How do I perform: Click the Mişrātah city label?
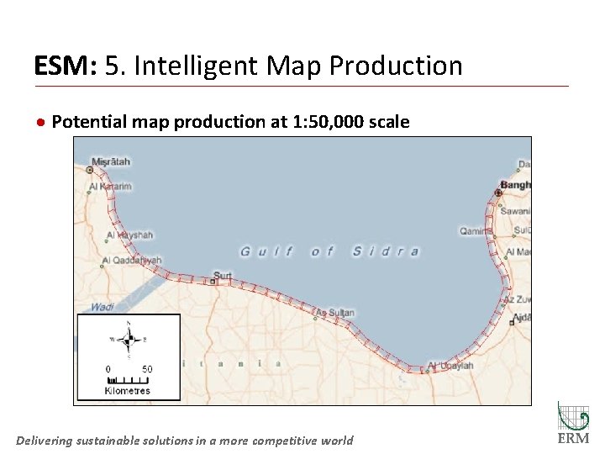[111, 161]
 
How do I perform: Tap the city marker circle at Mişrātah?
[90, 170]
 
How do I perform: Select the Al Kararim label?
[111, 187]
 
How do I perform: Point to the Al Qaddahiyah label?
[132, 261]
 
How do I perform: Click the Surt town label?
[223, 275]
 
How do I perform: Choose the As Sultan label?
[336, 314]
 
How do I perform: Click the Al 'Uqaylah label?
[452, 366]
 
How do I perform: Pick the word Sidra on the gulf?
[386, 251]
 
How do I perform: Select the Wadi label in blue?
[102, 307]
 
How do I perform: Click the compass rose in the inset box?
[129, 340]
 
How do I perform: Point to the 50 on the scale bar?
[147, 369]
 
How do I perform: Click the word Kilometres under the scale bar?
[128, 390]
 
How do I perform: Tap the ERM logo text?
[573, 439]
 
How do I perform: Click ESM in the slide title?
[63, 66]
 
